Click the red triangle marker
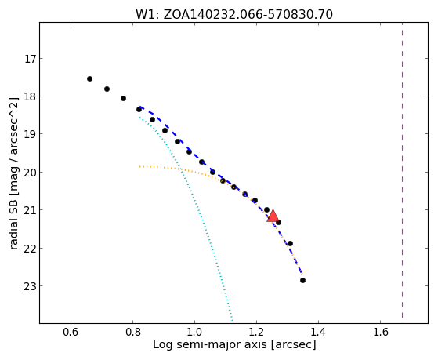coord(273,216)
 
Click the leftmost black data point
coord(89,79)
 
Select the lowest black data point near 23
coord(302,280)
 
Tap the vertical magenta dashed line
coord(402,170)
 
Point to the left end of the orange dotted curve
coord(139,167)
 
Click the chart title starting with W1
coord(234,14)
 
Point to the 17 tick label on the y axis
coord(30,59)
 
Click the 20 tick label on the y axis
coord(30,173)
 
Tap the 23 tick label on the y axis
coord(30,286)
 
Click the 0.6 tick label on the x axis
coord(71,332)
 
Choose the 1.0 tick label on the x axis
coord(194,332)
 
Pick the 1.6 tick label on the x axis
coord(381,332)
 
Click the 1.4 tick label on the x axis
coord(318,332)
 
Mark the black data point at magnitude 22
coord(290,244)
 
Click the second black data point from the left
coord(107,89)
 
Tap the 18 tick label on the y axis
coord(30,96)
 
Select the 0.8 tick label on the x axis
coord(133,332)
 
